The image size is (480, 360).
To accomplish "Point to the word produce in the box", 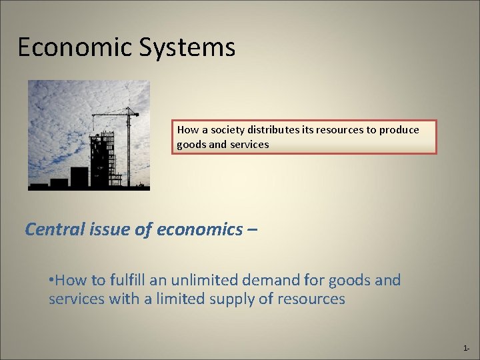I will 399,130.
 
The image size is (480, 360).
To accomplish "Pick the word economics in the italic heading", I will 200,229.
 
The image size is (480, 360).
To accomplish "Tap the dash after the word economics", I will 253,230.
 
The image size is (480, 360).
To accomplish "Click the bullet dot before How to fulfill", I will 51,280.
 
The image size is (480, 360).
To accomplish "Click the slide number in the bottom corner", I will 466,349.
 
